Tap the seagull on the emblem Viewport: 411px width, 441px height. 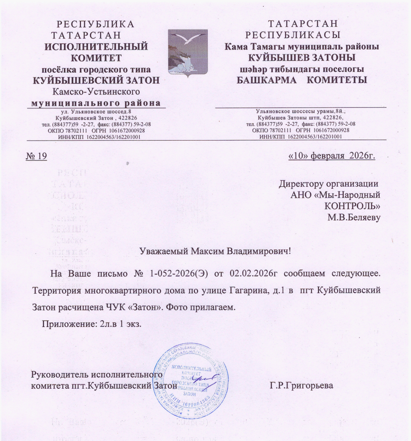186,37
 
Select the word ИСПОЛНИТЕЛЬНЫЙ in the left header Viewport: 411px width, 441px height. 96,47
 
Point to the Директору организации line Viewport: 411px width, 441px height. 329,183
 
